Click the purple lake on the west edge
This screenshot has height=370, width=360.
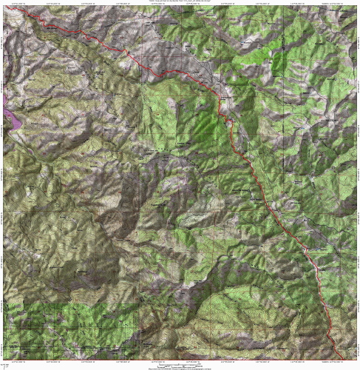9,109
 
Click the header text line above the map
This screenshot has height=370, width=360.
180,2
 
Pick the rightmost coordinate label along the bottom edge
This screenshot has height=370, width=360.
341,360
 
